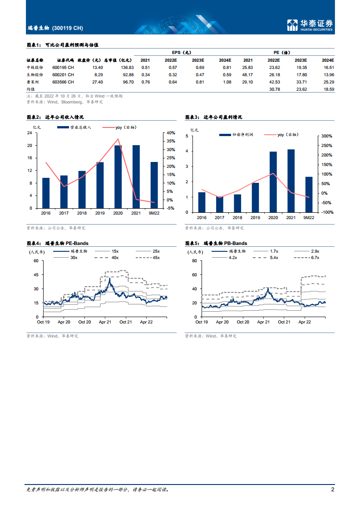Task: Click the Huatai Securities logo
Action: [x=310, y=25]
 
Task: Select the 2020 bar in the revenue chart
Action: [x=118, y=176]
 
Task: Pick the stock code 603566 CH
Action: [x=63, y=82]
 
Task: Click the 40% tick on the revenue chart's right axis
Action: [x=171, y=133]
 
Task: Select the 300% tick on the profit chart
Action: [x=327, y=136]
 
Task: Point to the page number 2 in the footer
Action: [x=332, y=489]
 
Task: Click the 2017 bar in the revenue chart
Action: [x=64, y=191]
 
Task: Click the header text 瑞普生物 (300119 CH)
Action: [x=55, y=28]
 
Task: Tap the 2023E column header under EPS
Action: [x=198, y=60]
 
